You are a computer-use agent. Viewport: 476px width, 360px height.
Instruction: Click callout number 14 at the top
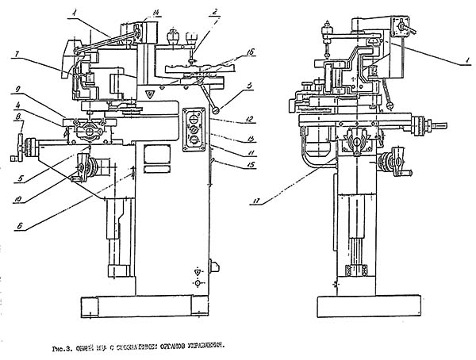[156, 12]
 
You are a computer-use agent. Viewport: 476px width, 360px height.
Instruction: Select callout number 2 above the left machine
[215, 12]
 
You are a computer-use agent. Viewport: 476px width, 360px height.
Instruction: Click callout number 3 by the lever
[248, 86]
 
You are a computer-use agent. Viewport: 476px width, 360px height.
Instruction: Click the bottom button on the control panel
[191, 142]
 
